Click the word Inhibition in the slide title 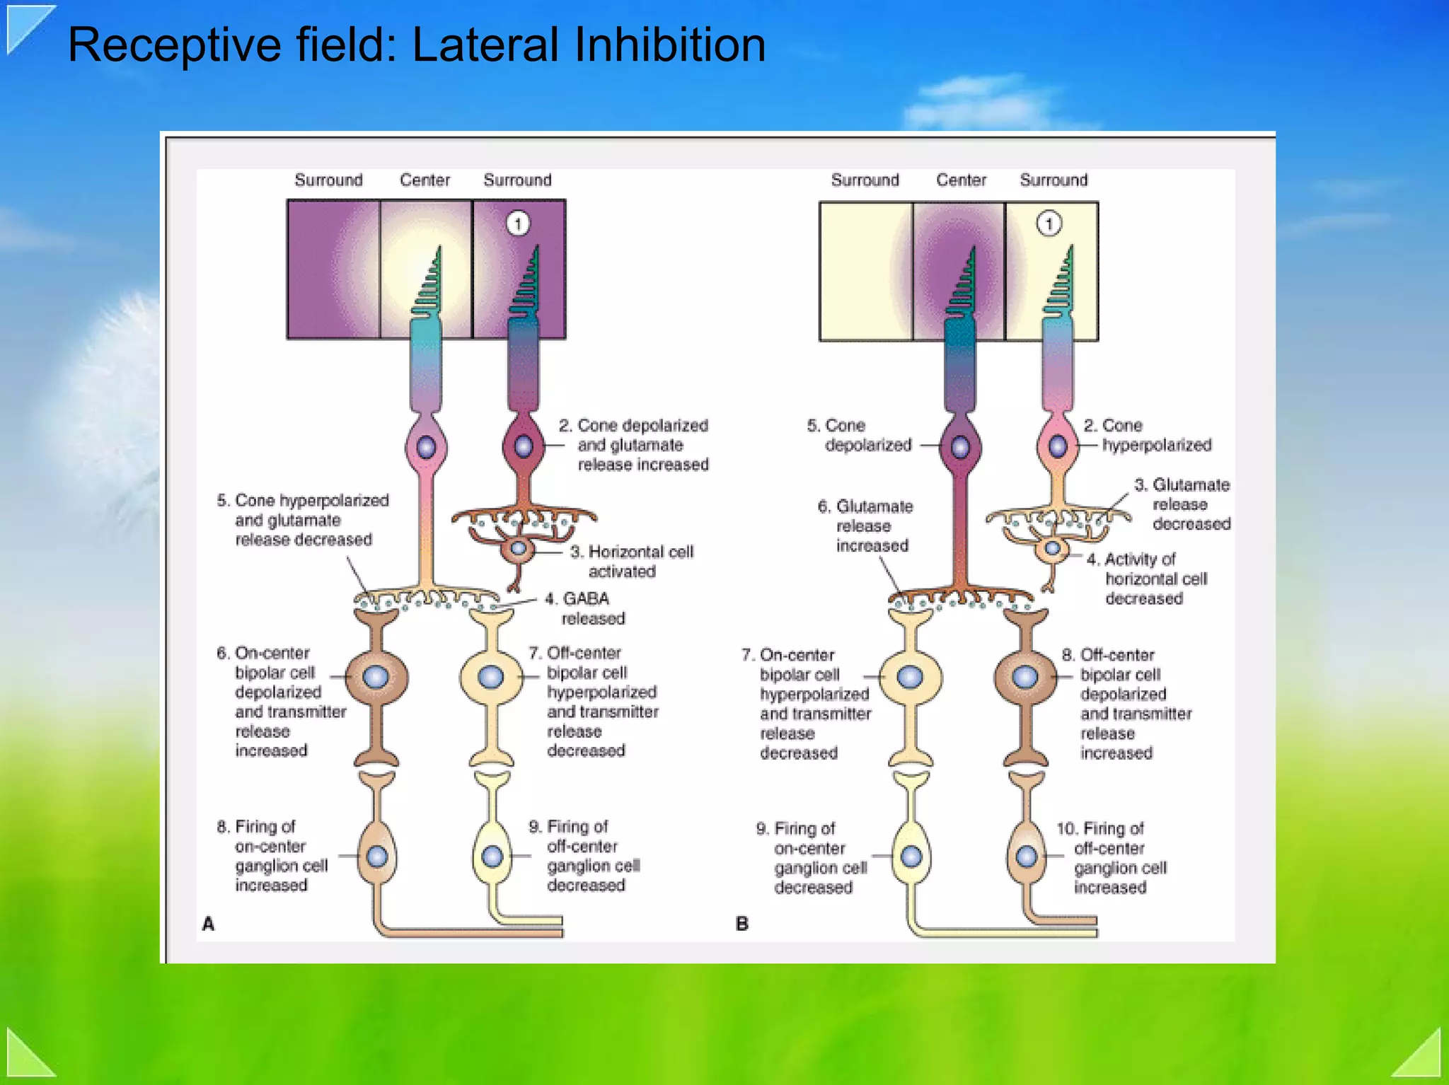669,45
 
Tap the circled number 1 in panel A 518,224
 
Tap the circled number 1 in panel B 1049,224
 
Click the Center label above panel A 425,180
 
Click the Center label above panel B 961,180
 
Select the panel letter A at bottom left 208,924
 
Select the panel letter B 741,924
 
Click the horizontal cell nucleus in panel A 519,547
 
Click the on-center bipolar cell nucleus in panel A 376,678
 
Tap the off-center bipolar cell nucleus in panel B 1024,678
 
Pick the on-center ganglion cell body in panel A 377,857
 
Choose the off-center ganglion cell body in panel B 1027,857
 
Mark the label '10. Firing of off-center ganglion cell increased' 1111,857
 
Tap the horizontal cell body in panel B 1053,549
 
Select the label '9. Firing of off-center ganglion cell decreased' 584,855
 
